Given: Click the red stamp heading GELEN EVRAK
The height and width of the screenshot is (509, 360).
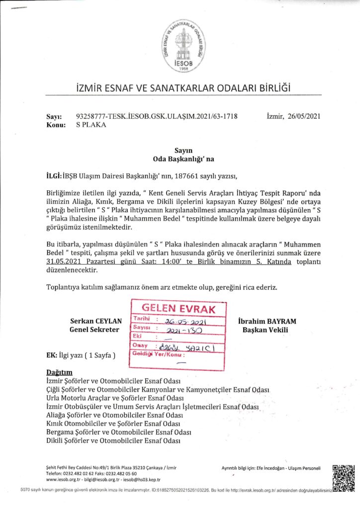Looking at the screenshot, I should (x=179, y=309).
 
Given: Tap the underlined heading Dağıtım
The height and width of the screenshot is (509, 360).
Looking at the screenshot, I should (x=59, y=372).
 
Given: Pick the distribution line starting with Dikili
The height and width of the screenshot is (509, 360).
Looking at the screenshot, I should (x=112, y=441).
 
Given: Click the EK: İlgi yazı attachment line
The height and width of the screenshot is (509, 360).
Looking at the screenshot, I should (x=80, y=356).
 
